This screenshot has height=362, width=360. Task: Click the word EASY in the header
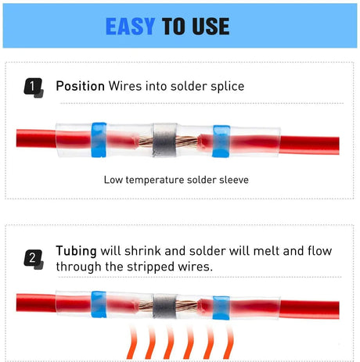coord(131,26)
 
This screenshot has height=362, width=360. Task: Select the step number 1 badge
coord(34,88)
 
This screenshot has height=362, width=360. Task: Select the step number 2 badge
coord(34,260)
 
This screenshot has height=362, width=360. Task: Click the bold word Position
coord(81,86)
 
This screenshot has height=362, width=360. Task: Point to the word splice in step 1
coord(228,86)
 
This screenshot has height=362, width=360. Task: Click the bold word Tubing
coord(76,251)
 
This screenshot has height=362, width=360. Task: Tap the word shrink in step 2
coord(142,251)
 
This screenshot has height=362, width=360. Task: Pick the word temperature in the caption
coord(155,180)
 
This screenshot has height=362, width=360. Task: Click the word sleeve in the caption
coord(234,180)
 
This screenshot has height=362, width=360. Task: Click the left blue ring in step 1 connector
coord(99,140)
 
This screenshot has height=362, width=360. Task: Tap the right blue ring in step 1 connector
coord(221,142)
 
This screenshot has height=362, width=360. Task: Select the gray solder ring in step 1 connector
coord(165,140)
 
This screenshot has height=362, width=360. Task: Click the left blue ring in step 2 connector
coord(99,304)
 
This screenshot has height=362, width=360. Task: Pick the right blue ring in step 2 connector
coord(221,308)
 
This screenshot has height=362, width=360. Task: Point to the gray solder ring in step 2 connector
coord(165,306)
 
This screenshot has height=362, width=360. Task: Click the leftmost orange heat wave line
coord(131,342)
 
